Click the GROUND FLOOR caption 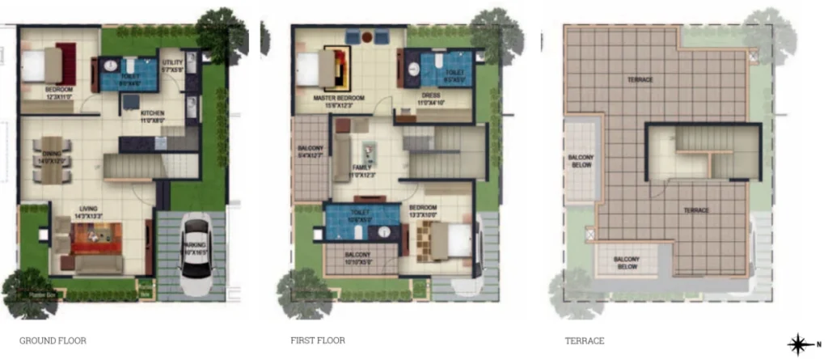[53, 341]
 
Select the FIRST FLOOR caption [318, 341]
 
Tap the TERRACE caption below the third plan [584, 341]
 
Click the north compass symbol [799, 344]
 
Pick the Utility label [172, 65]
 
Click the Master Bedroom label [338, 100]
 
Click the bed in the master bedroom [318, 70]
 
